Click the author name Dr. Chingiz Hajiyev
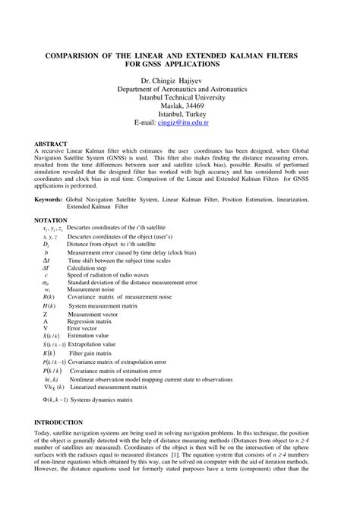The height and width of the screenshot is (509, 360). [179, 80]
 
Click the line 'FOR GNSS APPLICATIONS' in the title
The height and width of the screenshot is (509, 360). [179, 65]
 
